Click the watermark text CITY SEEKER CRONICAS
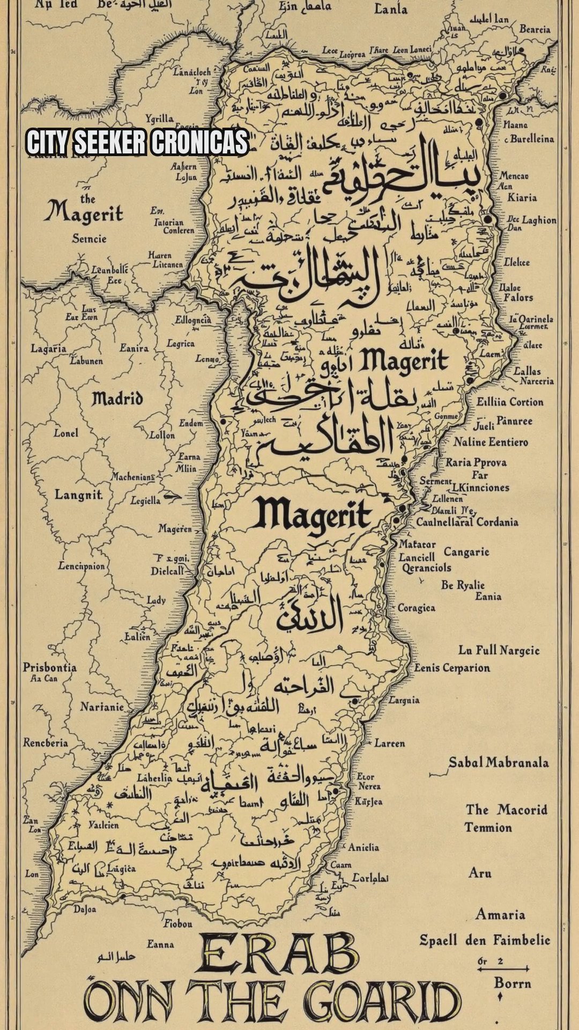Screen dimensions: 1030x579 [x=137, y=143]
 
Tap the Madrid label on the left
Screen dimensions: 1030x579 [x=117, y=399]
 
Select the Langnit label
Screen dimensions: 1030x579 [x=79, y=495]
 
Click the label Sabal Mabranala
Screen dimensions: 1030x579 [x=499, y=762]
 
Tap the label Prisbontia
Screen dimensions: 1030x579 [x=49, y=667]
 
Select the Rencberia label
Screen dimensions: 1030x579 [x=45, y=743]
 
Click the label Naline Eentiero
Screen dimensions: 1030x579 [x=491, y=442]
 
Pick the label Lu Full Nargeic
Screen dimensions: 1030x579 [x=499, y=651]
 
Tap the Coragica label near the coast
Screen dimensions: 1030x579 [x=416, y=608]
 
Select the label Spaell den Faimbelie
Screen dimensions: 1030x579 [x=485, y=940]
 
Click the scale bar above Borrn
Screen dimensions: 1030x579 [x=503, y=968]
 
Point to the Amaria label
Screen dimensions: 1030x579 [x=500, y=914]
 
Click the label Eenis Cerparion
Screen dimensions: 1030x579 [x=452, y=668]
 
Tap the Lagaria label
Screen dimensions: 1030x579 [x=48, y=349]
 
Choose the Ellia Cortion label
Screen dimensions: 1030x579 [x=510, y=402]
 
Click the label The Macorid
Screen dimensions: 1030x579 [x=506, y=810]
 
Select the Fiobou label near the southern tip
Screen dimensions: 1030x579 [x=177, y=924]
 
